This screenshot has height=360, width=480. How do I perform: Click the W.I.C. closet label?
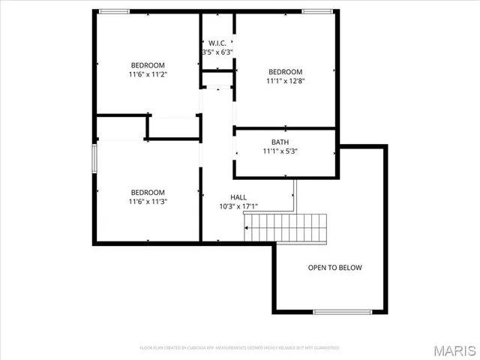click(x=217, y=42)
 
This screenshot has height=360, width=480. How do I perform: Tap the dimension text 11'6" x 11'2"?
click(x=148, y=75)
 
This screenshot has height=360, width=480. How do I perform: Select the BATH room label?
click(x=280, y=142)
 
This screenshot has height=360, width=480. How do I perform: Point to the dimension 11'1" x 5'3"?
click(x=280, y=151)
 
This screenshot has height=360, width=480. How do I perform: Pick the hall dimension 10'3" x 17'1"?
click(x=238, y=206)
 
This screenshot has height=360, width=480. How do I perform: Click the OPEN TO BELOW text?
click(x=334, y=268)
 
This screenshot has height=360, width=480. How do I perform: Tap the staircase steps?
click(x=287, y=223)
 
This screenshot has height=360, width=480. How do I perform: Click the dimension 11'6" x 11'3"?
click(x=148, y=201)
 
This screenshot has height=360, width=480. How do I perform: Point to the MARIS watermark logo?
click(x=453, y=350)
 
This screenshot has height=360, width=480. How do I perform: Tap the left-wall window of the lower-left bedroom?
click(x=94, y=160)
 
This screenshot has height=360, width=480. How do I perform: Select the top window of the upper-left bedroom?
click(x=115, y=10)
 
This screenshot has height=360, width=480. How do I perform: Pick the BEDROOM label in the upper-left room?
click(x=148, y=65)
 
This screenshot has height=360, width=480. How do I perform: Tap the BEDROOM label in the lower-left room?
click(x=148, y=191)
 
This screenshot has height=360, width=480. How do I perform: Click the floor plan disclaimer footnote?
click(x=240, y=348)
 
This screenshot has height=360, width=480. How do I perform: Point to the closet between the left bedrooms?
click(x=172, y=127)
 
